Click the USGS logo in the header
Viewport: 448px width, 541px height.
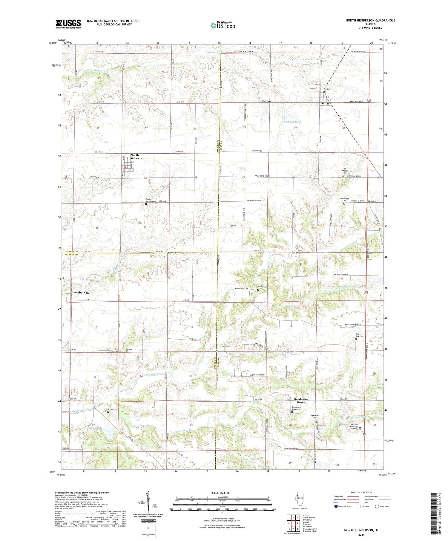click(68, 24)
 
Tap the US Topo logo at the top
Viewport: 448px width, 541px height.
click(223, 25)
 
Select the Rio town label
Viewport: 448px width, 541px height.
click(328, 98)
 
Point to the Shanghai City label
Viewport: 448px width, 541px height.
click(80, 293)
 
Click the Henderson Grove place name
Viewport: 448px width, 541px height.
click(301, 401)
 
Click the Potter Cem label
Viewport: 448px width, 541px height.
click(113, 409)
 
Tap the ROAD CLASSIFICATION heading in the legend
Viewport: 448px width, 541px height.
click(361, 492)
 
